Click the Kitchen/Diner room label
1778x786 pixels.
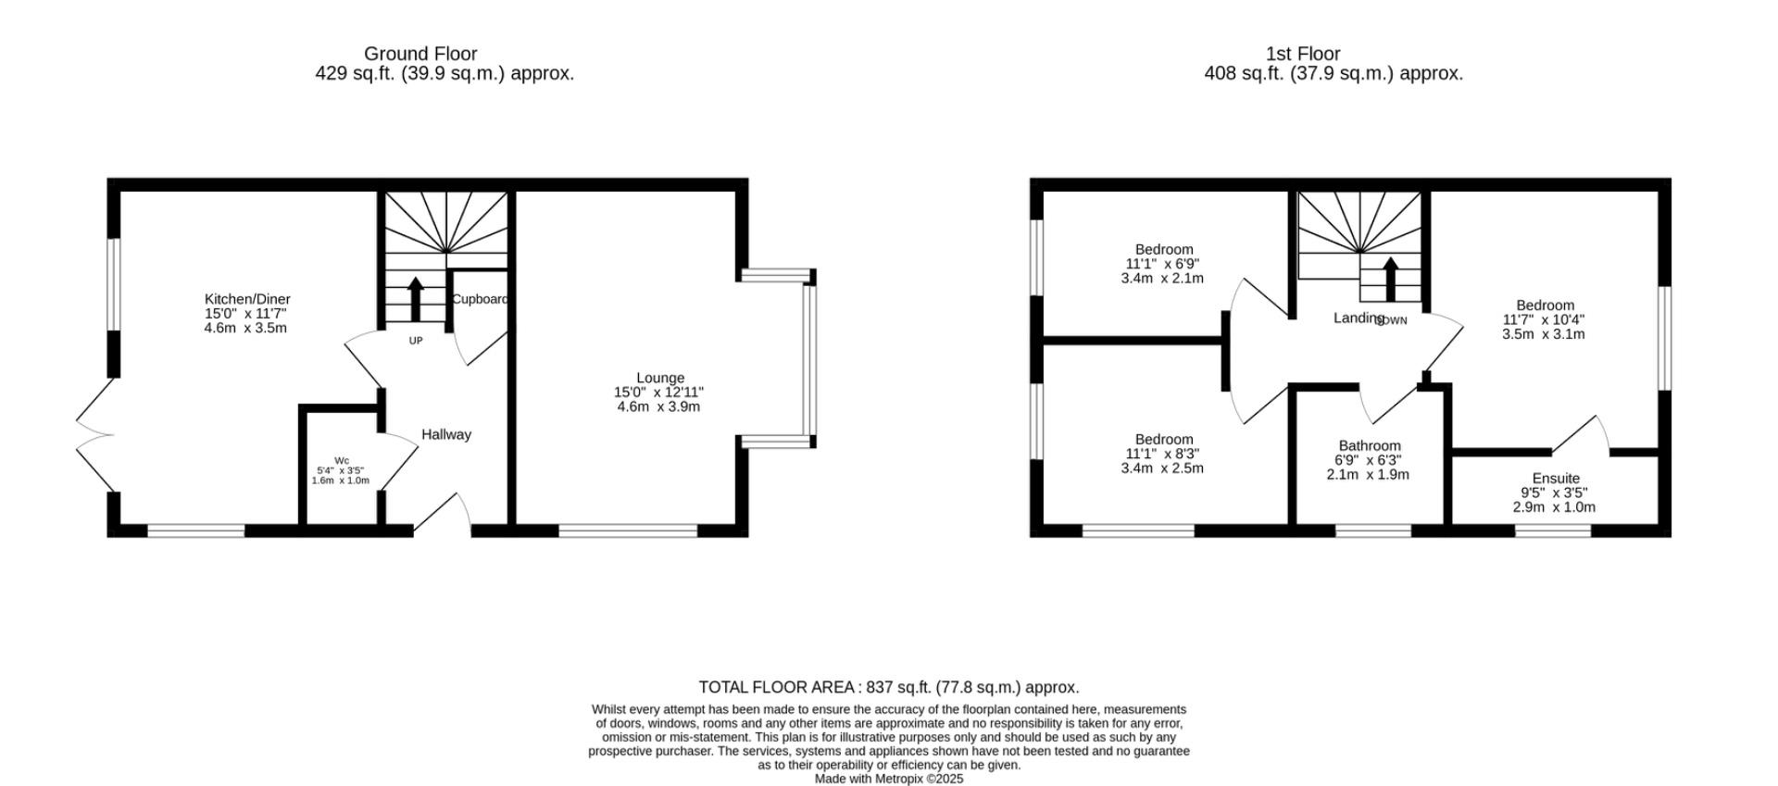[247, 299]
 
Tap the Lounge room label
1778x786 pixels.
[659, 378]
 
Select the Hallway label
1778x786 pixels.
[446, 434]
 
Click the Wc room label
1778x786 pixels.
[342, 461]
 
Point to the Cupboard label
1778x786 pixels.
[480, 299]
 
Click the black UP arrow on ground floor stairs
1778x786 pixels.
[415, 298]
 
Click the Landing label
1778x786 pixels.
[1358, 318]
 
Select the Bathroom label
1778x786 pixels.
[1369, 445]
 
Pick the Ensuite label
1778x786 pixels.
[1556, 479]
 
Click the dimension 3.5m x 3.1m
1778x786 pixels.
[1543, 334]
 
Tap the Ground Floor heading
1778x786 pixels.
[420, 54]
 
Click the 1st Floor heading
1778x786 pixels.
[1303, 54]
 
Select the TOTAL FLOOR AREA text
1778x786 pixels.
[888, 687]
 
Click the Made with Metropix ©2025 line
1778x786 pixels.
[888, 779]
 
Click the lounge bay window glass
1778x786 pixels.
[810, 359]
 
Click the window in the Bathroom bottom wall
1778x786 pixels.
[1372, 530]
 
